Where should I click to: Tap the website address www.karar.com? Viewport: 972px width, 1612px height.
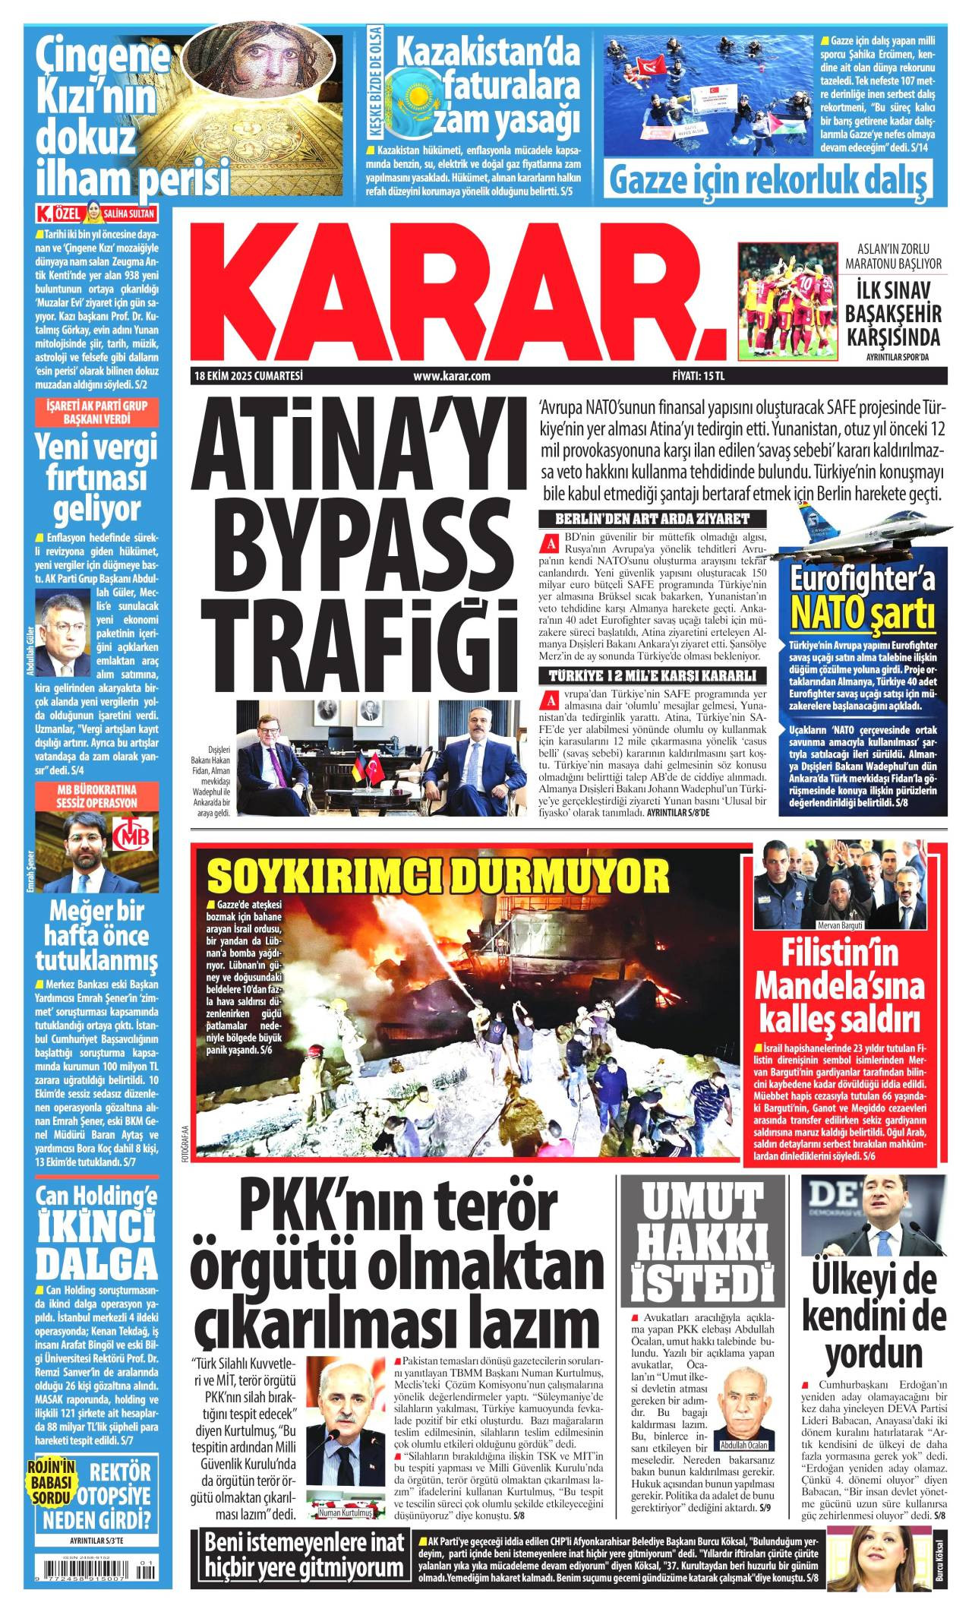tap(452, 375)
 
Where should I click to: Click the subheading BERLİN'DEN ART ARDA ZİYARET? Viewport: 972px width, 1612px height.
tap(652, 520)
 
